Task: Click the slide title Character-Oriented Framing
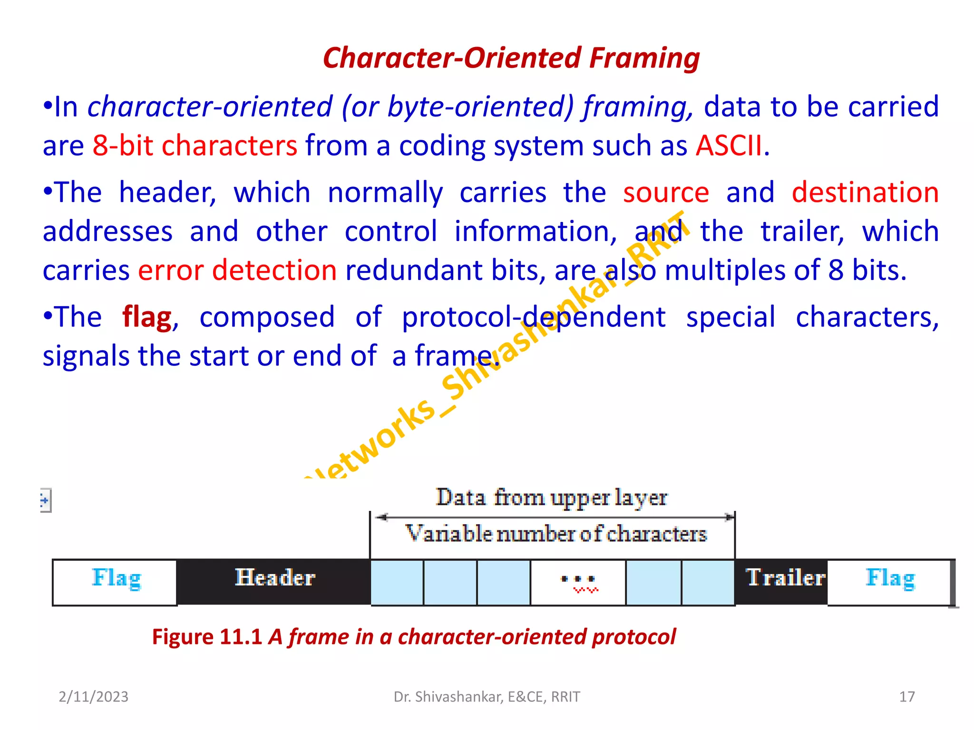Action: [x=511, y=58]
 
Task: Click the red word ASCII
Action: [x=730, y=145]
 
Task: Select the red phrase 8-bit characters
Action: [x=195, y=145]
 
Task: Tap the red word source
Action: [x=666, y=192]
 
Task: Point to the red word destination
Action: [x=865, y=192]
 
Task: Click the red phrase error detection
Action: [x=237, y=270]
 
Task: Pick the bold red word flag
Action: [x=146, y=317]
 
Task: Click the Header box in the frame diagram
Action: [x=274, y=582]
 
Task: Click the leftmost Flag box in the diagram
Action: [x=115, y=582]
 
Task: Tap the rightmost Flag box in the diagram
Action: [x=889, y=582]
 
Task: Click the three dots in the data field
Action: [x=578, y=579]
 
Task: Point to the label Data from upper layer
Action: [x=552, y=498]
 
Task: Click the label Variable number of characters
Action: [x=555, y=534]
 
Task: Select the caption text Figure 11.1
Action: [x=207, y=637]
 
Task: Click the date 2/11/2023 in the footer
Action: [x=93, y=697]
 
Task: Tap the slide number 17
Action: [x=906, y=697]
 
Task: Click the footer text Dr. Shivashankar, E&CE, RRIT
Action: [x=487, y=697]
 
